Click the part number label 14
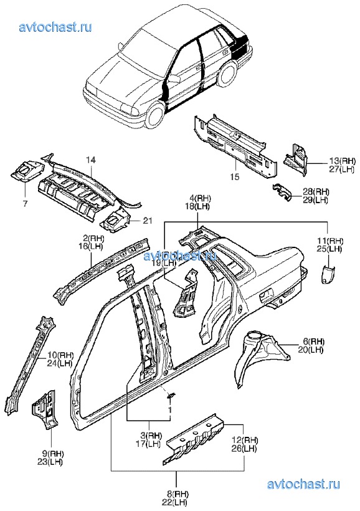(x=91, y=160)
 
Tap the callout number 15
(x=235, y=176)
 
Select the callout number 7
(x=26, y=204)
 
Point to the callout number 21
(x=148, y=221)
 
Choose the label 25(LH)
(x=329, y=249)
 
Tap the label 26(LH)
(x=245, y=449)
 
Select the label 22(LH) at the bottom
(x=175, y=502)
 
